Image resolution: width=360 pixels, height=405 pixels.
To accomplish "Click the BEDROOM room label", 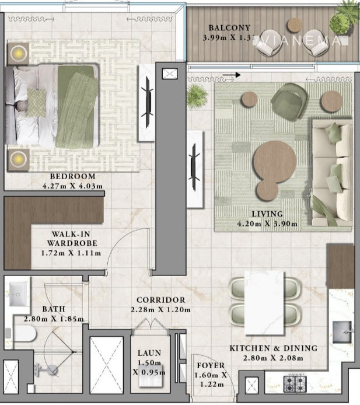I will tap(72, 177).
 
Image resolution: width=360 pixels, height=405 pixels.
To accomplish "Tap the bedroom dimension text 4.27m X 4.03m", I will tap(72, 186).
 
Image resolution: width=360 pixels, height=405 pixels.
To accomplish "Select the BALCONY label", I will tap(230, 28).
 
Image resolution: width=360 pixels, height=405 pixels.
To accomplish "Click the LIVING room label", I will tap(268, 214).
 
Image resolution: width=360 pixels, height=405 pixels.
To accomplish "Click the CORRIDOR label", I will tap(161, 300).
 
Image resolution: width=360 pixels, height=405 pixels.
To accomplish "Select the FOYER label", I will tap(211, 366).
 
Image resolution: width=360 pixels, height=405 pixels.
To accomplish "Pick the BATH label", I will tap(53, 309).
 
